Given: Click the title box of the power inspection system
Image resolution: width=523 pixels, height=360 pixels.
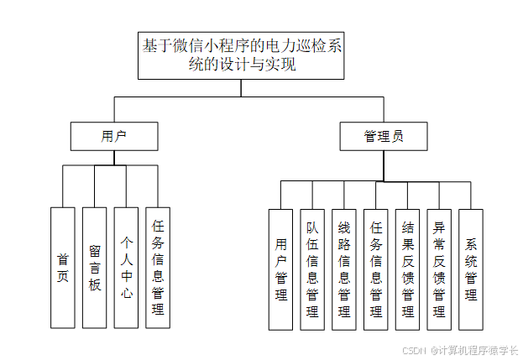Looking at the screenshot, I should pos(243,55).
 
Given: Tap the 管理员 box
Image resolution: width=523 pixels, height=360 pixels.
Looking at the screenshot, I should pos(384,136).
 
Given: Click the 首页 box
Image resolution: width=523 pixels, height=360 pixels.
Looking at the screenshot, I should pos(62,267).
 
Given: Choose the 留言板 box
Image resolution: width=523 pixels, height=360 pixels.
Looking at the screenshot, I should pos(94,267).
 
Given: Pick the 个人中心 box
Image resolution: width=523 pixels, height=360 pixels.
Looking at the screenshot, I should pos(126,267).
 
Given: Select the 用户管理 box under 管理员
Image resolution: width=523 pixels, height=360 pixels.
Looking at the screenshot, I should pos(281,269).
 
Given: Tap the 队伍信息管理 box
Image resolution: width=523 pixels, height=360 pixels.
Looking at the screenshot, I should pos(313,269).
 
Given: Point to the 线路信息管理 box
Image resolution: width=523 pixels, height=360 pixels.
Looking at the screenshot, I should pos(344,269).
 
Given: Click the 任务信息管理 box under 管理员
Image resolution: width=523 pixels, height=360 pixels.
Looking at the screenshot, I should pos(376,269).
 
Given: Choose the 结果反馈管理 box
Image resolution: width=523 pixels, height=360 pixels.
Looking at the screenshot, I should pos(408,269).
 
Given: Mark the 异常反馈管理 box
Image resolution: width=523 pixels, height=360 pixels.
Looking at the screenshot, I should pos(439,269).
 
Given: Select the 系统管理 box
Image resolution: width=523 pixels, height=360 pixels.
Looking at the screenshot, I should pos(471,269).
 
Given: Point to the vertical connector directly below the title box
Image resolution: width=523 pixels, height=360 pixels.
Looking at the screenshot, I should pos(243,88).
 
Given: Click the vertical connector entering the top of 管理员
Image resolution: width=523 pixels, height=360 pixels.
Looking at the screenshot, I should pos(384,110).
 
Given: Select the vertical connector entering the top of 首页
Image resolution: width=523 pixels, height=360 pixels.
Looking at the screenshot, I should pos(62,186).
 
